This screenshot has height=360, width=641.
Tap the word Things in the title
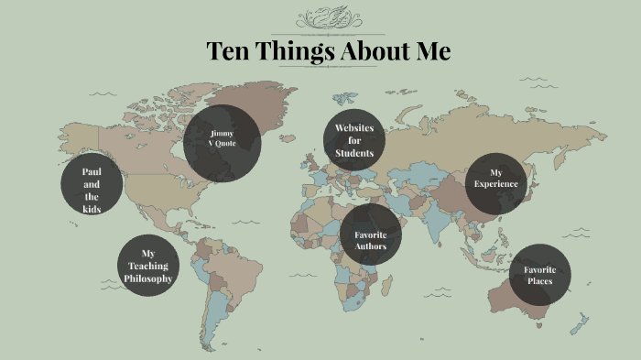289,51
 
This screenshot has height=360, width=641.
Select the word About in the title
371,51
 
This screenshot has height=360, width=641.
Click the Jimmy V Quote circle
222,144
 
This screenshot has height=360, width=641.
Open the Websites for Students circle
354,140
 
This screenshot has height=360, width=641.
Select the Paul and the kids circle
92,191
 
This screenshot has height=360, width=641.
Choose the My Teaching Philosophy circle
148,266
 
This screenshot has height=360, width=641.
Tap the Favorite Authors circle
370,235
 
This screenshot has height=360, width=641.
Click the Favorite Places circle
539,274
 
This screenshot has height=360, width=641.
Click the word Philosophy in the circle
148,278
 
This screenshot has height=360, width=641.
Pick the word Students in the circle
354,153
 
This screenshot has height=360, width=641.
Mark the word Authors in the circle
370,246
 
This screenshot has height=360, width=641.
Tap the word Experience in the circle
496,184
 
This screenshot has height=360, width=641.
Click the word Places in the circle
539,281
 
